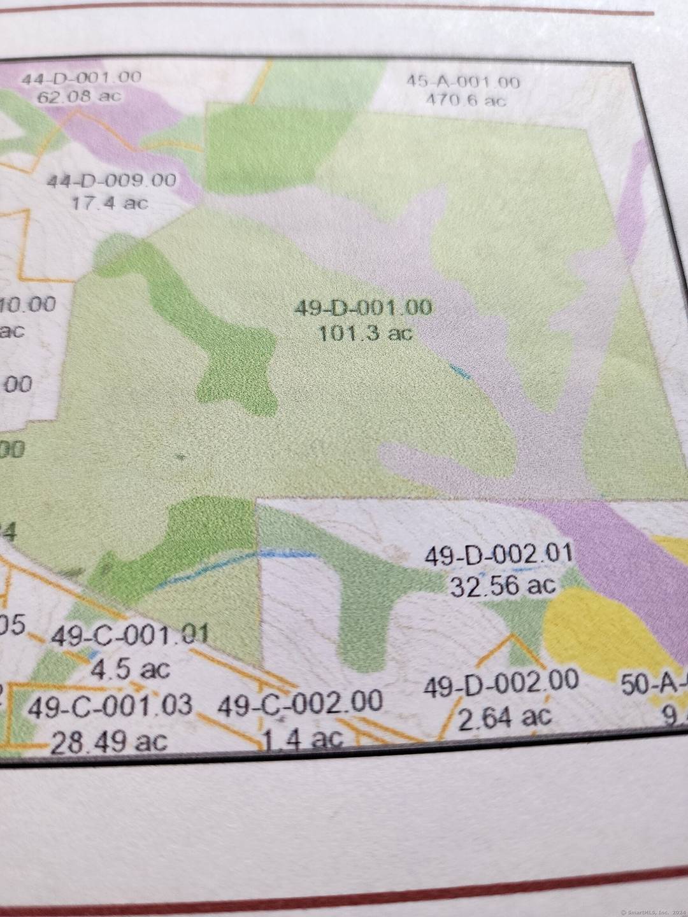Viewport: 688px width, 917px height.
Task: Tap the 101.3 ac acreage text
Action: (365, 332)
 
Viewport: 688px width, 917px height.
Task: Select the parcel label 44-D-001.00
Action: (81, 78)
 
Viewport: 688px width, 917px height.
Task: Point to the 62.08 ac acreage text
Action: (78, 97)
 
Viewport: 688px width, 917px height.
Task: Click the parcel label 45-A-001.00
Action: (463, 82)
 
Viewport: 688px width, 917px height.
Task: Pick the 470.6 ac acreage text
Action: (465, 100)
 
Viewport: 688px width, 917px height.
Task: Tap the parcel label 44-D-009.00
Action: (111, 180)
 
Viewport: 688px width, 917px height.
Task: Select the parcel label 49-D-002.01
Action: (499, 554)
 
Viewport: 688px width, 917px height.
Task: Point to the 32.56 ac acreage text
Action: (503, 585)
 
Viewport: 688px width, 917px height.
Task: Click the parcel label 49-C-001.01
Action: (129, 636)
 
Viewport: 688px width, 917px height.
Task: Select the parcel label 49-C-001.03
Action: (110, 706)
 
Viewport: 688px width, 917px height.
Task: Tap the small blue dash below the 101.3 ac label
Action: (460, 372)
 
